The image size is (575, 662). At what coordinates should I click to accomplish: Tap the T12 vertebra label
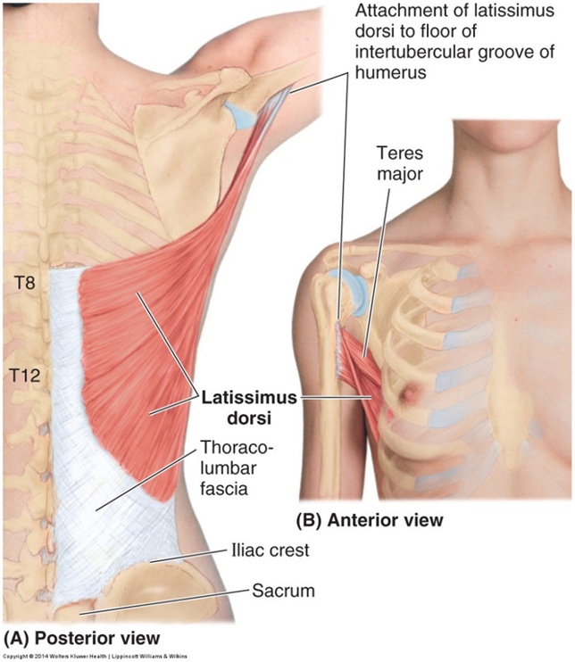[28, 368]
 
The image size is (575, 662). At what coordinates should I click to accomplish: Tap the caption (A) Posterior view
[83, 638]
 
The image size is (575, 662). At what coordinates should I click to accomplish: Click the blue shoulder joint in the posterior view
[237, 114]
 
